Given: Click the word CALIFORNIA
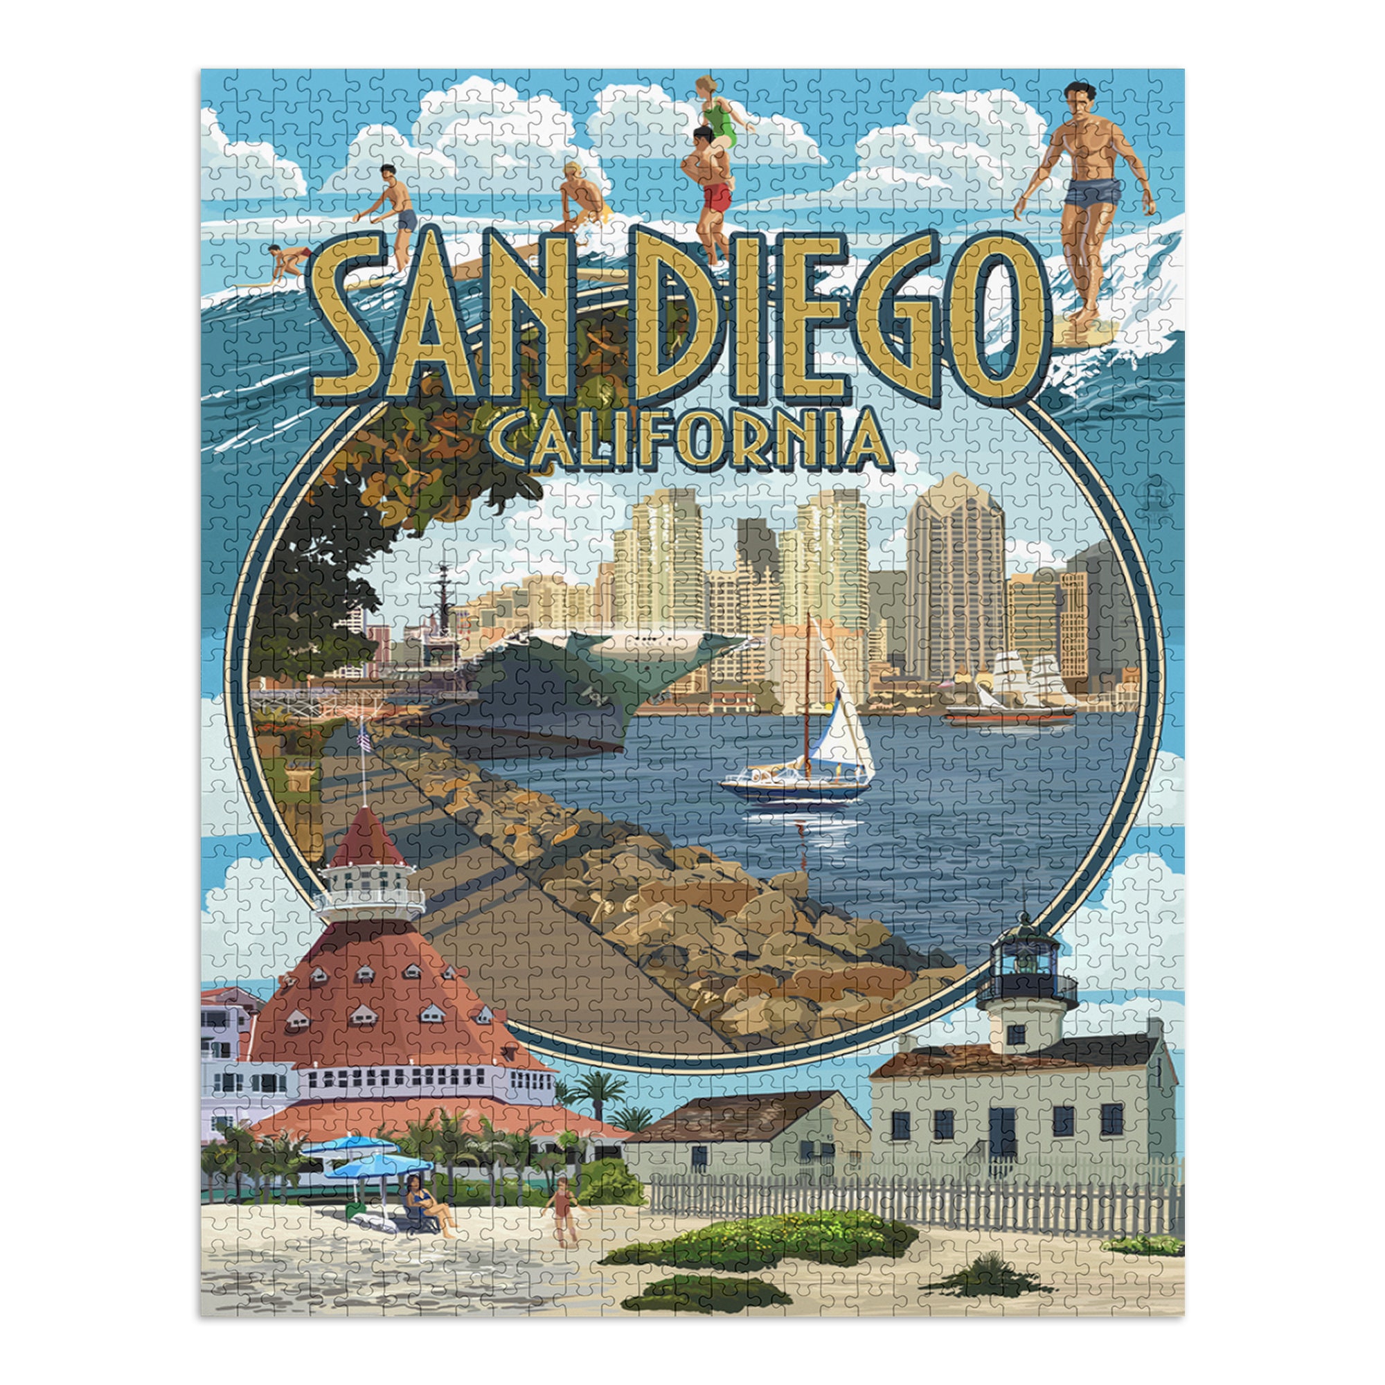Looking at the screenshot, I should pos(688,439).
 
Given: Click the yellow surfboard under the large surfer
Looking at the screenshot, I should pos(1086,331).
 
